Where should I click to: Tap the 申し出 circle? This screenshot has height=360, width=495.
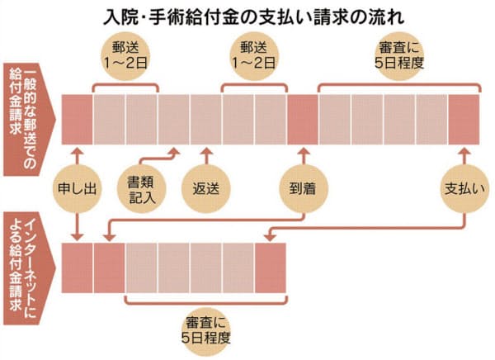77,187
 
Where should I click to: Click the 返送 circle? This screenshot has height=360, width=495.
206,187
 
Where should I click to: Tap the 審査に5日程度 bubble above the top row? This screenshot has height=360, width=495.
399,57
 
